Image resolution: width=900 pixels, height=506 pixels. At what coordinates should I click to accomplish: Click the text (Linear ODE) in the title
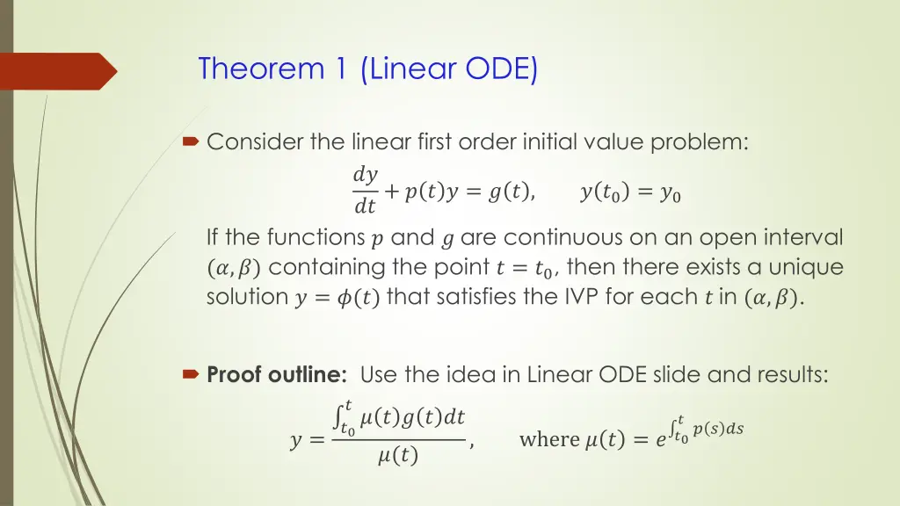[449, 68]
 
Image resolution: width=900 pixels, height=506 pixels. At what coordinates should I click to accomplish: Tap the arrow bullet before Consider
[191, 141]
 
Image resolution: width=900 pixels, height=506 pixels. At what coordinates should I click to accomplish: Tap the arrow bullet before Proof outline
[191, 375]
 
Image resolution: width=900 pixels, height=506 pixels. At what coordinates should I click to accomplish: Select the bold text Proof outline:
[278, 375]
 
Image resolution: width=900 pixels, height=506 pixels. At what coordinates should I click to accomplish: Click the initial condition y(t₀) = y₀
[630, 193]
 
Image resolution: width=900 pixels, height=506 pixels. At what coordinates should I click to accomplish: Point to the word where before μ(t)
[549, 439]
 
